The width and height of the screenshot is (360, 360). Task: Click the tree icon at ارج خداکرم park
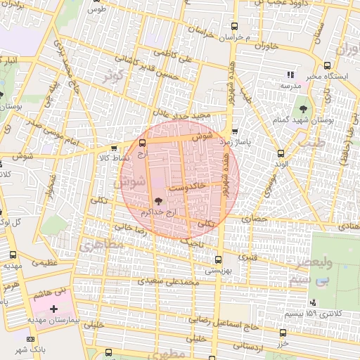click(x=157, y=201)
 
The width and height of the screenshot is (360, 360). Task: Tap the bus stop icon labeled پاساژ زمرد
click(x=235, y=131)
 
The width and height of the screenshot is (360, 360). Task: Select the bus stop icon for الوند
click(x=281, y=153)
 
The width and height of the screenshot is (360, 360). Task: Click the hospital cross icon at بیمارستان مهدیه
click(x=54, y=309)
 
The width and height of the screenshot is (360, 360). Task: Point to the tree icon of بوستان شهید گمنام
click(x=303, y=108)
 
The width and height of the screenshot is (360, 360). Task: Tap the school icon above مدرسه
click(x=289, y=75)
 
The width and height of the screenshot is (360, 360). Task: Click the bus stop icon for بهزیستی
click(x=218, y=259)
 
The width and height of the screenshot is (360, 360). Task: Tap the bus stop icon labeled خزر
click(x=283, y=333)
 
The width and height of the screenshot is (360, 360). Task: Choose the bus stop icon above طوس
click(x=97, y=1)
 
